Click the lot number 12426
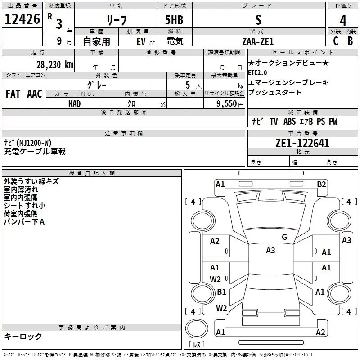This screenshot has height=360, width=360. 22,19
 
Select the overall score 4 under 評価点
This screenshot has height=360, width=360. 343,20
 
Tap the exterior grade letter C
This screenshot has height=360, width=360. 336,41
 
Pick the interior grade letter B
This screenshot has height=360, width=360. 351,41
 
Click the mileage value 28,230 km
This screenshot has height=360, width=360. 55,65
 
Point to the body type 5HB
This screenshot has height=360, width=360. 174,20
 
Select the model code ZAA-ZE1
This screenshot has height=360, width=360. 258,41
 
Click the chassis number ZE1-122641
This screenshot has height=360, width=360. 302,143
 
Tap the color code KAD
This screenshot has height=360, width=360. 74,104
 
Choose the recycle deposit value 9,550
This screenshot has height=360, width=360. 227,103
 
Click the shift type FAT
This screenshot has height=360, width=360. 13,94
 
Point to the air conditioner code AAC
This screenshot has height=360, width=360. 35,94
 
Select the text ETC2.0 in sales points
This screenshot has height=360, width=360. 257,73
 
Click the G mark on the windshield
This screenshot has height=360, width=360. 284,237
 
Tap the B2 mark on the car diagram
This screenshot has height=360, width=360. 321,184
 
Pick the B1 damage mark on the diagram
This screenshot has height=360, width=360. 221,292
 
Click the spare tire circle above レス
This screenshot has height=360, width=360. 197,328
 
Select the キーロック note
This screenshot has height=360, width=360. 23,336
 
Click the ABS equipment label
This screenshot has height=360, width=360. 289,121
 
